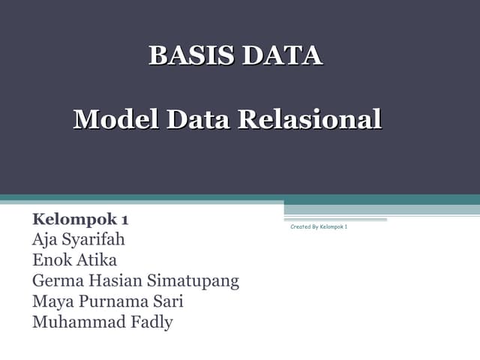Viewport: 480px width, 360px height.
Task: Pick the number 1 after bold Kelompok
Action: [x=124, y=220]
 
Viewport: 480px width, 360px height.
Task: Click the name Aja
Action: [x=43, y=240]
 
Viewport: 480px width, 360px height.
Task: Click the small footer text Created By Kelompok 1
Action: [x=319, y=226]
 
